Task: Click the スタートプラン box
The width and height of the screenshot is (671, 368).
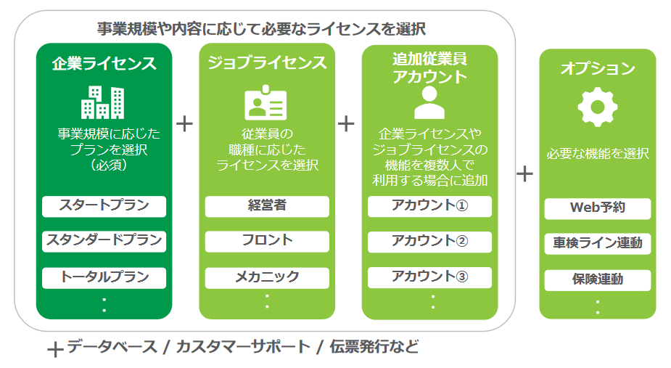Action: pyautogui.click(x=104, y=206)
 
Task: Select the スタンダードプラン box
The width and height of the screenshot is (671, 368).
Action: pyautogui.click(x=104, y=241)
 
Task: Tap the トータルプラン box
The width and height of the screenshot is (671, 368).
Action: pyautogui.click(x=104, y=277)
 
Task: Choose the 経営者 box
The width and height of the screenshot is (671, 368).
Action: pyautogui.click(x=267, y=206)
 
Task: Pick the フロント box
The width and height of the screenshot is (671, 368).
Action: pyautogui.click(x=267, y=241)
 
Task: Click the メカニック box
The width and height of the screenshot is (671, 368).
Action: pyautogui.click(x=267, y=277)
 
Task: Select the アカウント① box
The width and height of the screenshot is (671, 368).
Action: pyautogui.click(x=429, y=206)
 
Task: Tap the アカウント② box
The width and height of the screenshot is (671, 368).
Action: pyautogui.click(x=429, y=242)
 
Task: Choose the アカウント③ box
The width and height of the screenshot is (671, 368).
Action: pyautogui.click(x=429, y=277)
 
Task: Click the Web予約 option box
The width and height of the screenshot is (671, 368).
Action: pyautogui.click(x=598, y=208)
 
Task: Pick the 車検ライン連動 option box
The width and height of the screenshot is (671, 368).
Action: pyautogui.click(x=598, y=244)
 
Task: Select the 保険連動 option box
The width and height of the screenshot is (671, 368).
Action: pyautogui.click(x=598, y=280)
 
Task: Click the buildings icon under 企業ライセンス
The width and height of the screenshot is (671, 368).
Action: pyautogui.click(x=103, y=102)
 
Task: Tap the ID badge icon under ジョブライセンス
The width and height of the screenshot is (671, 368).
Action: pyautogui.click(x=265, y=102)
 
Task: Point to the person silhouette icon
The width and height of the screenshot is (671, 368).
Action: pyautogui.click(x=429, y=102)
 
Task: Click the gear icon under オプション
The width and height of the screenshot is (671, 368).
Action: pyautogui.click(x=598, y=107)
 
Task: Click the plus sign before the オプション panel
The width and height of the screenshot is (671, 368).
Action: pyautogui.click(x=524, y=174)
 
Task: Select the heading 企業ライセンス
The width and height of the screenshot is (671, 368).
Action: pyautogui.click(x=104, y=64)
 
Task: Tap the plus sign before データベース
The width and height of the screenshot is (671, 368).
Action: pyautogui.click(x=56, y=350)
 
